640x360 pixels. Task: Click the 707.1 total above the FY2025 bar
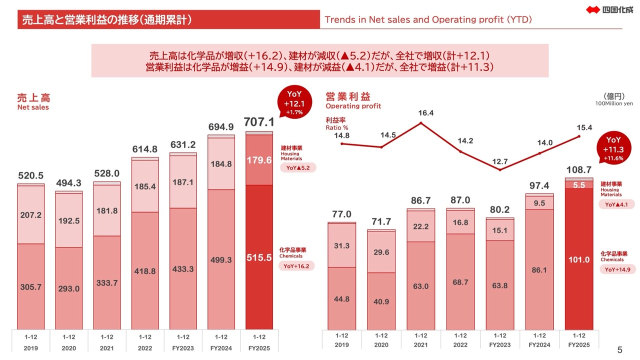(259, 122)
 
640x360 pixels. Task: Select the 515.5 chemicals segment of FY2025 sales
(259, 257)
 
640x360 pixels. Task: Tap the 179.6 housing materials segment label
(259, 160)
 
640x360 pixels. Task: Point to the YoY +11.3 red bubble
(613, 149)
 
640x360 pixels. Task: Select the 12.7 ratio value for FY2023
(499, 161)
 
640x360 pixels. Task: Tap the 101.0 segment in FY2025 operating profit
(579, 259)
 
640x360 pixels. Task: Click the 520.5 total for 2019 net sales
(30, 175)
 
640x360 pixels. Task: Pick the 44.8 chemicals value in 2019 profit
(342, 299)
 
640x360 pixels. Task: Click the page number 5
(620, 349)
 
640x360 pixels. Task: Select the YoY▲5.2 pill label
(297, 168)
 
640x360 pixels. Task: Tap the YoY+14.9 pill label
(617, 269)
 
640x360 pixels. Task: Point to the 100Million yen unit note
(614, 103)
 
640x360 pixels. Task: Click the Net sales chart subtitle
(33, 107)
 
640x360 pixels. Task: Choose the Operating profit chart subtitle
(353, 106)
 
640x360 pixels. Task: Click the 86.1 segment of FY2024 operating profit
(539, 269)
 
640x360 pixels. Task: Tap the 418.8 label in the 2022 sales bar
(145, 271)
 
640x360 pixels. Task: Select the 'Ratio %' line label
(337, 128)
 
